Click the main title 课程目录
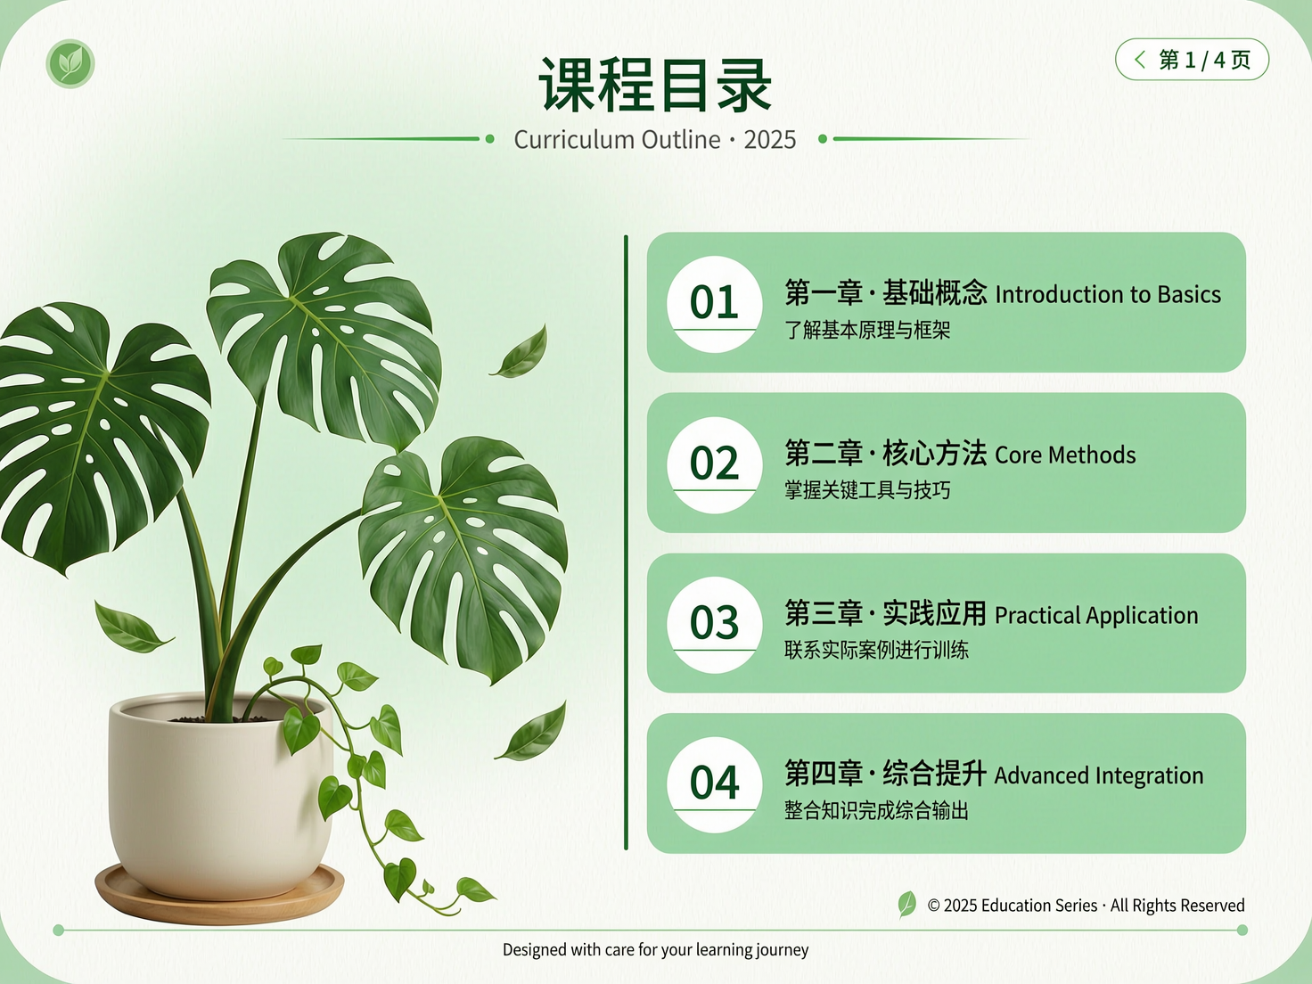click(655, 86)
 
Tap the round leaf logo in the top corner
click(70, 63)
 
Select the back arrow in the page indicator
click(1140, 60)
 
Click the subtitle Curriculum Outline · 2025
click(655, 140)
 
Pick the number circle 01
click(714, 303)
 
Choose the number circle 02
click(714, 463)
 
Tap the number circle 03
click(714, 623)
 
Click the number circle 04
click(714, 783)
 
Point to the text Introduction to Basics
click(1107, 295)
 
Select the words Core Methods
click(1065, 455)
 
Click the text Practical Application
click(1095, 616)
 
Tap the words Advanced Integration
click(1098, 776)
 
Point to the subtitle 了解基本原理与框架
click(867, 331)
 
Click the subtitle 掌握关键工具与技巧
click(867, 490)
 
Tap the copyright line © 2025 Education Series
click(1085, 906)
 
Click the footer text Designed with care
click(655, 950)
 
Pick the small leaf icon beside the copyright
click(906, 904)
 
